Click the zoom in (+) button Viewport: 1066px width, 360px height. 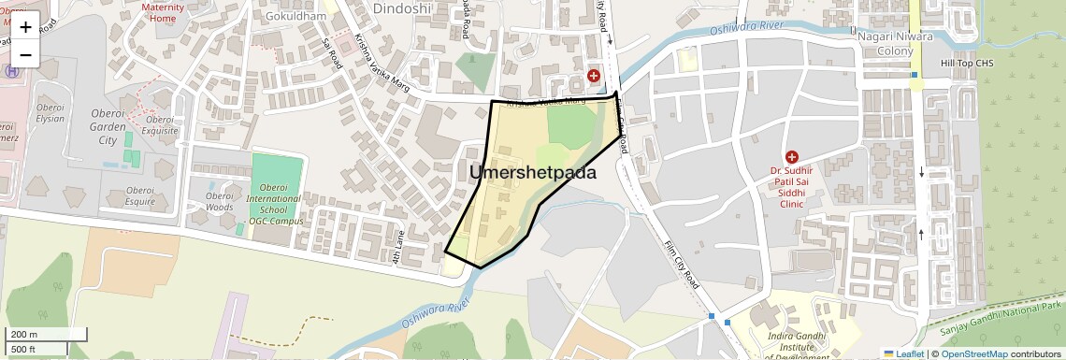click(25, 27)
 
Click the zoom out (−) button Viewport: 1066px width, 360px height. click(25, 54)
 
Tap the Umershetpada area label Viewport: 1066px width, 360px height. click(533, 173)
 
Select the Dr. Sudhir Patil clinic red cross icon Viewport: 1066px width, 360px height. click(792, 157)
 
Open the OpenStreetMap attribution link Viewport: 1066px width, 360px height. click(975, 354)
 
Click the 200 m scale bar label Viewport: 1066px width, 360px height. click(24, 335)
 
